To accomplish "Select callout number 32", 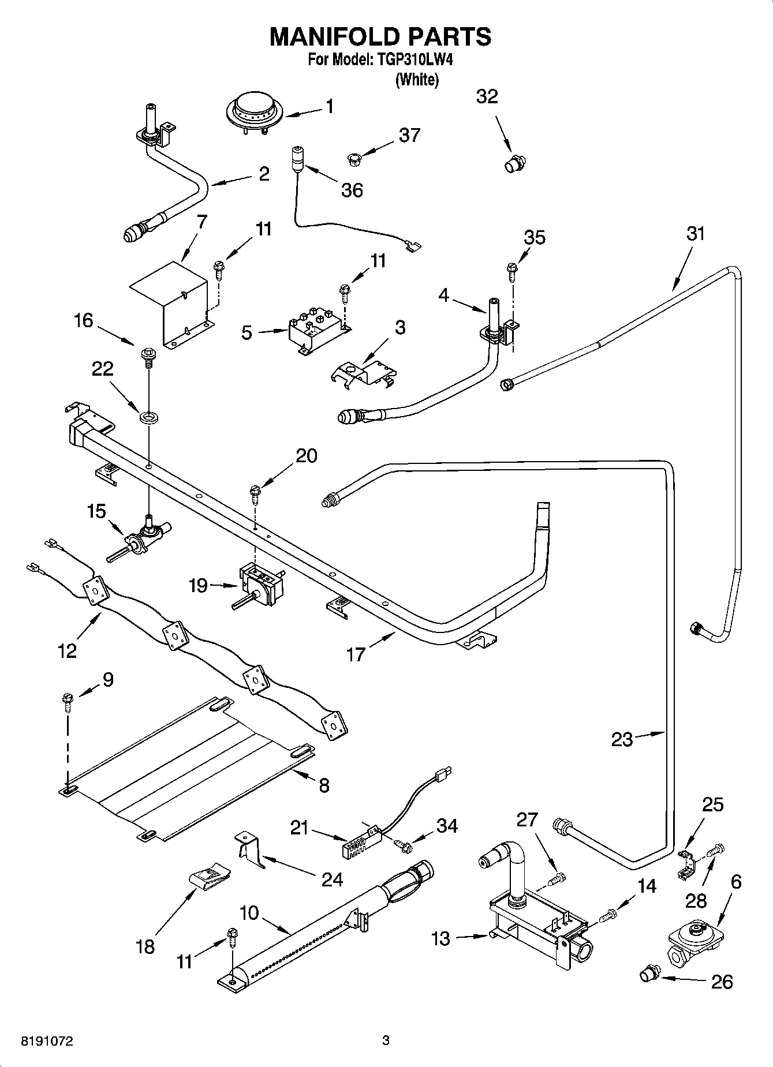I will pyautogui.click(x=487, y=97).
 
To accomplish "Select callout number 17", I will pyautogui.click(x=356, y=653).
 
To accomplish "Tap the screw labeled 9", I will pyautogui.click(x=68, y=701).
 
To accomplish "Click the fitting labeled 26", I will pyautogui.click(x=649, y=975).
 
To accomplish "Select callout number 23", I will pyautogui.click(x=622, y=739).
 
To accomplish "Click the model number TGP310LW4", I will pyautogui.click(x=414, y=59).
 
